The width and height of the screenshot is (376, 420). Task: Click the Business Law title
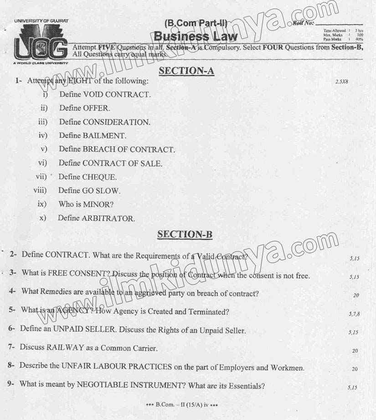(196, 36)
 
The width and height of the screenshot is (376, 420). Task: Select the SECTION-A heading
(186, 71)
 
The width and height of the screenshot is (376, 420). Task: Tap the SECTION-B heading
(185, 234)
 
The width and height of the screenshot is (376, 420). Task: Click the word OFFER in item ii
(96, 108)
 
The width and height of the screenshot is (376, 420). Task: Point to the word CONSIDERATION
(116, 122)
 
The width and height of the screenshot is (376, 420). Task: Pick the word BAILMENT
(104, 136)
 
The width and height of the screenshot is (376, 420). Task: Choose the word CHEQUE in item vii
(99, 177)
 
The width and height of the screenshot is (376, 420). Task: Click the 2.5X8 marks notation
(341, 82)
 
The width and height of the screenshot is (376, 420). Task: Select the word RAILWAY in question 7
(66, 348)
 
